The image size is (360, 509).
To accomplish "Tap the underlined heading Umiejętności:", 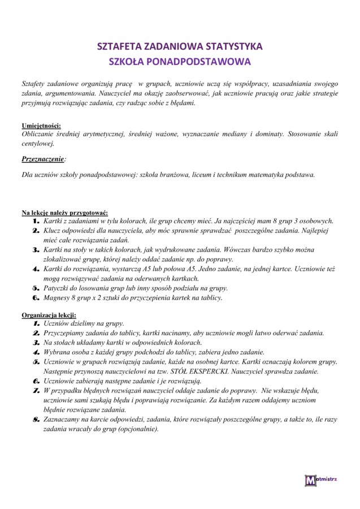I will click(41, 125).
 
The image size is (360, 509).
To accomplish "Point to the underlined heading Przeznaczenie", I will click(43, 159).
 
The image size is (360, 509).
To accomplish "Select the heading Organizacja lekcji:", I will click(49, 314).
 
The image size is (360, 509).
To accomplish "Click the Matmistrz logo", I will click(320, 481).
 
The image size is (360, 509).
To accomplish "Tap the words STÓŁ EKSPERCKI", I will click(215, 372).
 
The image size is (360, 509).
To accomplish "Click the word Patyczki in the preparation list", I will click(58, 288).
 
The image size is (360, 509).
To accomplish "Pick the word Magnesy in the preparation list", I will click(58, 297).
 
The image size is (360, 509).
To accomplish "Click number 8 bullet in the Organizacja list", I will click(36, 420).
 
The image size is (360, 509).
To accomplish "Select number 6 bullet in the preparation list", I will click(36, 297).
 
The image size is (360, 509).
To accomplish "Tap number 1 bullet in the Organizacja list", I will click(36, 323).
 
